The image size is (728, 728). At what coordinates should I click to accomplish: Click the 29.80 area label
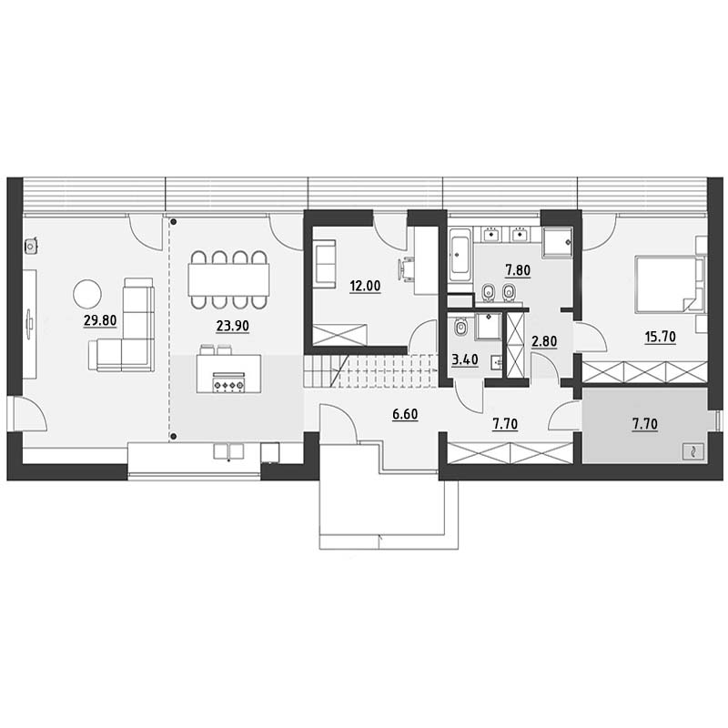(100, 320)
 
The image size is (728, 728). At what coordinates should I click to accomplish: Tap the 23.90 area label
(233, 327)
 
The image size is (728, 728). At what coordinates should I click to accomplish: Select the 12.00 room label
(366, 286)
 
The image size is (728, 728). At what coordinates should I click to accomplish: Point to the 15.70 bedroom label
(661, 336)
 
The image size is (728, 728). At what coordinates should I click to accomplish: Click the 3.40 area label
(465, 359)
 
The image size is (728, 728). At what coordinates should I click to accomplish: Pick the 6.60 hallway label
(405, 414)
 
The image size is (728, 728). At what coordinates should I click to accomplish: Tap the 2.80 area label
(543, 341)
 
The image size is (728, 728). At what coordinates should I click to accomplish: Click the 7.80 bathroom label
(518, 269)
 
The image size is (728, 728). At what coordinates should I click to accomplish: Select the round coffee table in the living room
(87, 293)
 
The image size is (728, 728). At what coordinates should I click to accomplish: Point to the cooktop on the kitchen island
(227, 382)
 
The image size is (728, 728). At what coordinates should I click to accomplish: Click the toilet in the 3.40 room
(460, 327)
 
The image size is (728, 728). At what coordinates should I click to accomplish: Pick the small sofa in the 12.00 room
(325, 263)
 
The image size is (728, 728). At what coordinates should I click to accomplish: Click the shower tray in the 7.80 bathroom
(557, 242)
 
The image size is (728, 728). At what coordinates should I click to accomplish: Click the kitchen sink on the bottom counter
(228, 451)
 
